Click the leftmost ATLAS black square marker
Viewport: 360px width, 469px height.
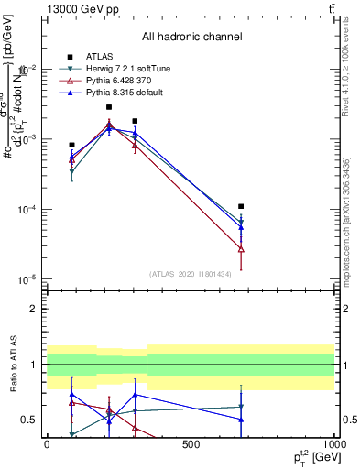(71, 145)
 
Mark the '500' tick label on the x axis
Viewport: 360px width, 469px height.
(191, 444)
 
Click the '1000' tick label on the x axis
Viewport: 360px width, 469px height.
(333, 444)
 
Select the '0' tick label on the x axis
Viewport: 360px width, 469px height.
(47, 444)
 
